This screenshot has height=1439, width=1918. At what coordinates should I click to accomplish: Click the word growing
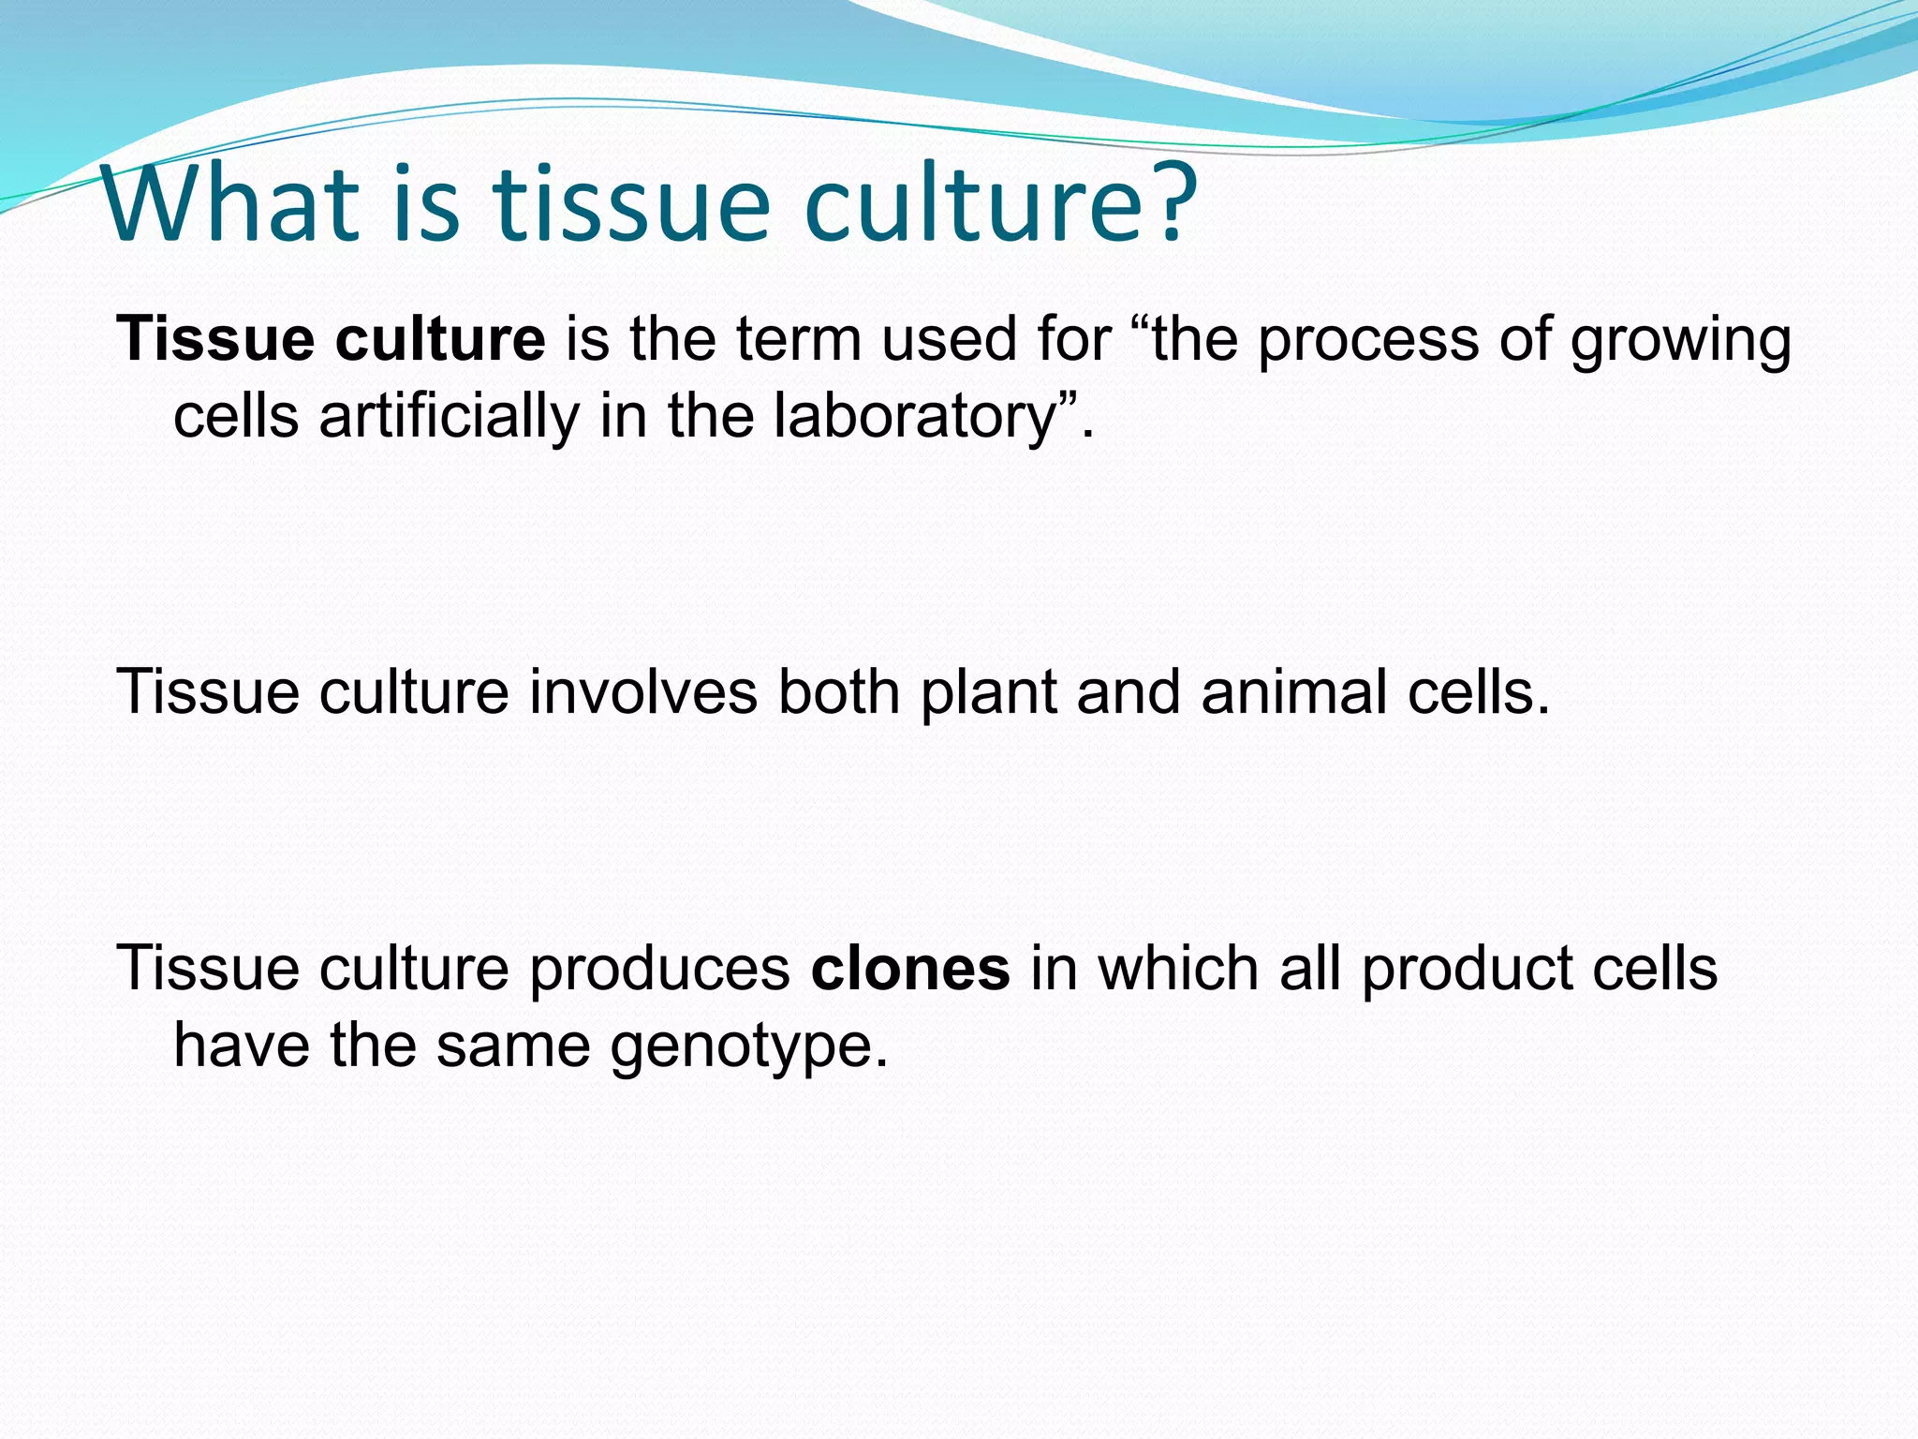(1680, 342)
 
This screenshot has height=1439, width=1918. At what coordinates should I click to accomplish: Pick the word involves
(642, 692)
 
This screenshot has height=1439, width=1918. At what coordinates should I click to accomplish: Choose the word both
(838, 692)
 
